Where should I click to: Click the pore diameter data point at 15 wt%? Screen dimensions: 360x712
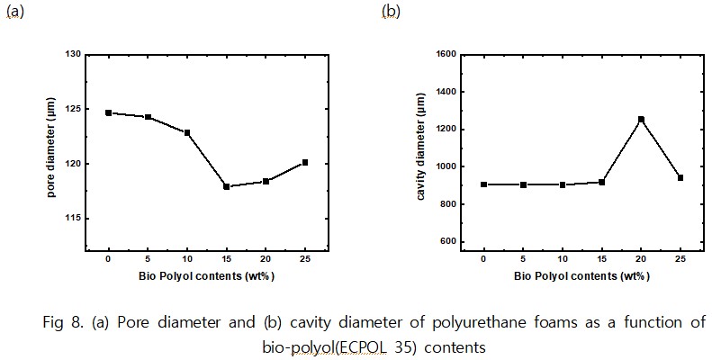point(226,186)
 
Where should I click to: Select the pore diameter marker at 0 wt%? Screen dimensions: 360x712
point(108,112)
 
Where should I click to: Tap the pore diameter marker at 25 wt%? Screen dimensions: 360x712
point(305,162)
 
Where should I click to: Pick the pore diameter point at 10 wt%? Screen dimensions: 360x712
point(187,132)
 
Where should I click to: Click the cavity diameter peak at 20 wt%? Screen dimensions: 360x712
point(641,119)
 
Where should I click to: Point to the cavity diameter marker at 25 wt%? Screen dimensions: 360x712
point(680,177)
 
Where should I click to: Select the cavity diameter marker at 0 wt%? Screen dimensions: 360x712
point(484,184)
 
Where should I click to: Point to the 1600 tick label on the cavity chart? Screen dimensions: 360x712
point(444,55)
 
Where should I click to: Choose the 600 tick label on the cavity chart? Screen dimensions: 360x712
point(446,241)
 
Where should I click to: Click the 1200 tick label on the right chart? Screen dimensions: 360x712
point(444,130)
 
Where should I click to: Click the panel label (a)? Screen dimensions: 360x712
point(14,12)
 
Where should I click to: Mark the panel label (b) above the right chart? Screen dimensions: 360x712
point(390,12)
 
